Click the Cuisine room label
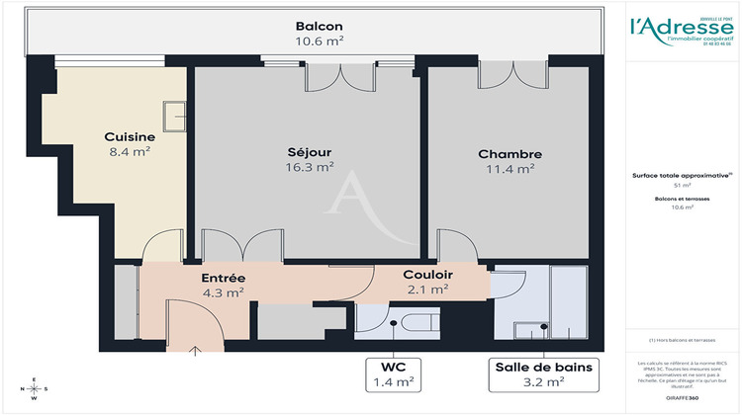pyautogui.click(x=130, y=136)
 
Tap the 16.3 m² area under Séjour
pyautogui.click(x=309, y=168)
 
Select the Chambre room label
pyautogui.click(x=510, y=154)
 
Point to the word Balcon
pyautogui.click(x=321, y=26)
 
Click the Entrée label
pyautogui.click(x=223, y=278)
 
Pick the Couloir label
pyautogui.click(x=427, y=274)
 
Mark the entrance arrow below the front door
pyautogui.click(x=194, y=349)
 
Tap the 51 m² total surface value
pyautogui.click(x=682, y=185)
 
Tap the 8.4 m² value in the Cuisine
pyautogui.click(x=130, y=152)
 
